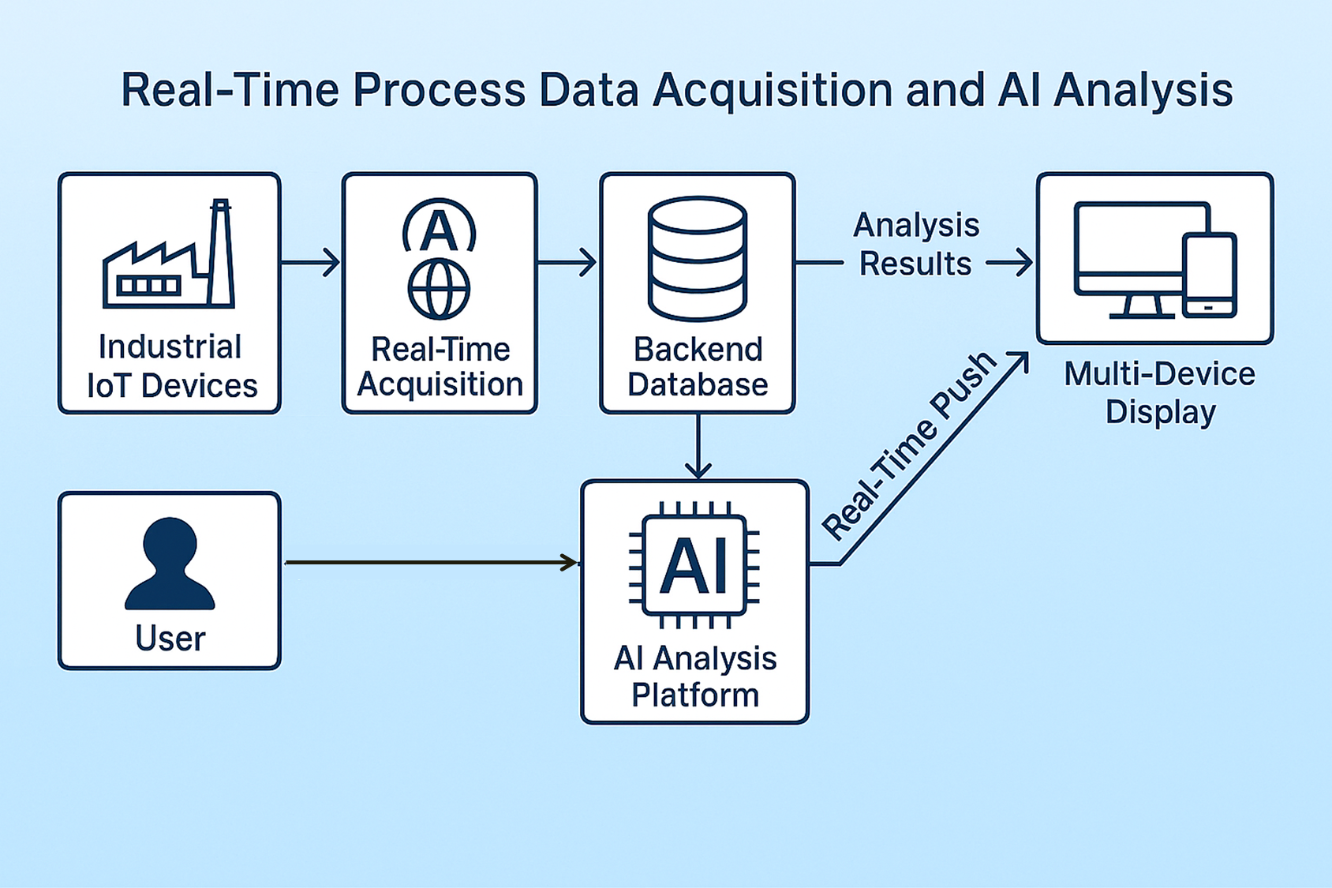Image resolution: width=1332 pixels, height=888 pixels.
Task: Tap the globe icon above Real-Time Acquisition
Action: (x=439, y=288)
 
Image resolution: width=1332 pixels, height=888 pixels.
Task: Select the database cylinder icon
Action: (x=698, y=259)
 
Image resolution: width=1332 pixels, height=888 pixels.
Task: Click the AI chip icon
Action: (x=694, y=565)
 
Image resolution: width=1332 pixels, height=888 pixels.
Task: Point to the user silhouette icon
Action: (x=170, y=564)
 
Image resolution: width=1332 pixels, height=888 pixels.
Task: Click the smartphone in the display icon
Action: (x=1210, y=275)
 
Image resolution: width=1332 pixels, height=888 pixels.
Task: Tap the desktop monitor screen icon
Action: (x=1140, y=260)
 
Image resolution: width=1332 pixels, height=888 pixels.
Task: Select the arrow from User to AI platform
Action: (x=431, y=562)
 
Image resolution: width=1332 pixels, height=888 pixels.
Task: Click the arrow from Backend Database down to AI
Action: (x=698, y=446)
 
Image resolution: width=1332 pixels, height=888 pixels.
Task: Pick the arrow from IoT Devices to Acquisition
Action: (x=310, y=262)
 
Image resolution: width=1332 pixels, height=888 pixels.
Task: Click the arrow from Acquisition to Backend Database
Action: (x=567, y=262)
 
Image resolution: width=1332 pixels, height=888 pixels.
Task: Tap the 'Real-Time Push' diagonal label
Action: (x=908, y=446)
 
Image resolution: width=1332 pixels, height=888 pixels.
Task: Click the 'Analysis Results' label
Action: (x=916, y=245)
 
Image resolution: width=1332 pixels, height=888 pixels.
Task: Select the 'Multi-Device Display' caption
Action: (x=1159, y=392)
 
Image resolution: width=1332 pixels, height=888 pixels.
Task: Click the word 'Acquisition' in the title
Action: (x=773, y=91)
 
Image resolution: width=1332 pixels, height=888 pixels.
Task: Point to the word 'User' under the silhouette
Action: (x=170, y=639)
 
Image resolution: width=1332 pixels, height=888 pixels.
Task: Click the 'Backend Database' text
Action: (x=698, y=366)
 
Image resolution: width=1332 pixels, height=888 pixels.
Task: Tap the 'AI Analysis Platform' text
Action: (x=695, y=676)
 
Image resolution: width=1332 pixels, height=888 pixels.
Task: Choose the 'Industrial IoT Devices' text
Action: (x=172, y=365)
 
